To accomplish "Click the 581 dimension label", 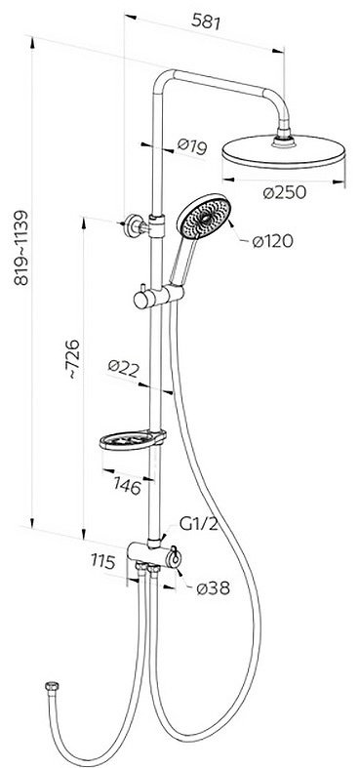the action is point(206,22).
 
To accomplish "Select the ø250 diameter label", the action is point(284,192).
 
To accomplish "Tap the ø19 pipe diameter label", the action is point(192,146).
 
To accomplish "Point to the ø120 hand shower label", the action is point(273,241).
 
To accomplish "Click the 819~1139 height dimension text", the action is point(21,248).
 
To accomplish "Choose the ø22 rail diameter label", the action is point(124,367).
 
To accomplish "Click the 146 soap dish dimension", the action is point(128,486).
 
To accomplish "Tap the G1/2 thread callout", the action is point(198,524).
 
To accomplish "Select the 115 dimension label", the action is point(102,562).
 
